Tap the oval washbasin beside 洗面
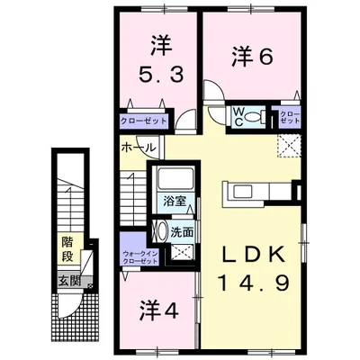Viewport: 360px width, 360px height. pyautogui.click(x=162, y=231)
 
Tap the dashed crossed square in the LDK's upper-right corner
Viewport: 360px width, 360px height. pyautogui.click(x=291, y=145)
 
